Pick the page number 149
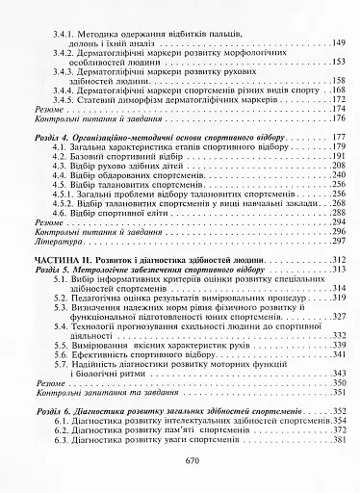click(338, 43)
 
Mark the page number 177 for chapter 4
click(338, 138)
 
